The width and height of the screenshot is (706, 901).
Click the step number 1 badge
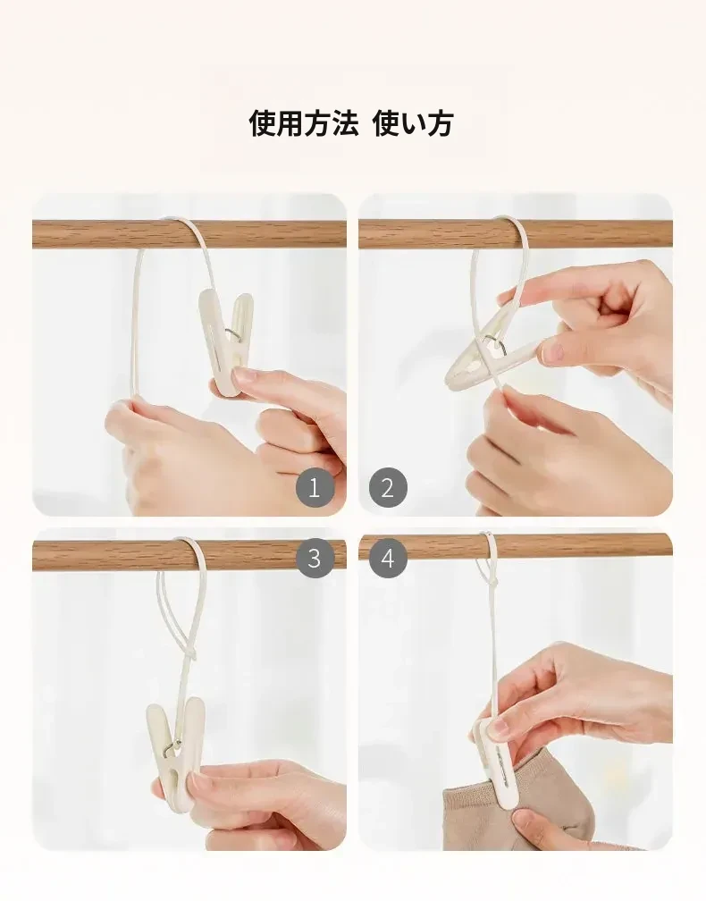[x=314, y=488]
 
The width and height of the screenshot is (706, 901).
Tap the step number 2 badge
[x=388, y=488]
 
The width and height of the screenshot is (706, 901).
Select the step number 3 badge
[x=314, y=559]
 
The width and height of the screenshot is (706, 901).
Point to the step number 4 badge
[x=388, y=559]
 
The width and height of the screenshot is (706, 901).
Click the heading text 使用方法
[x=304, y=123]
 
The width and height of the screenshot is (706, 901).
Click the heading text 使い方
[x=414, y=123]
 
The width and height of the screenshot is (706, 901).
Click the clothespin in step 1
[x=226, y=338]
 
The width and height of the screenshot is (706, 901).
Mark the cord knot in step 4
[x=492, y=583]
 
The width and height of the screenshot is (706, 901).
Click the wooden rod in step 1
[x=189, y=234]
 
